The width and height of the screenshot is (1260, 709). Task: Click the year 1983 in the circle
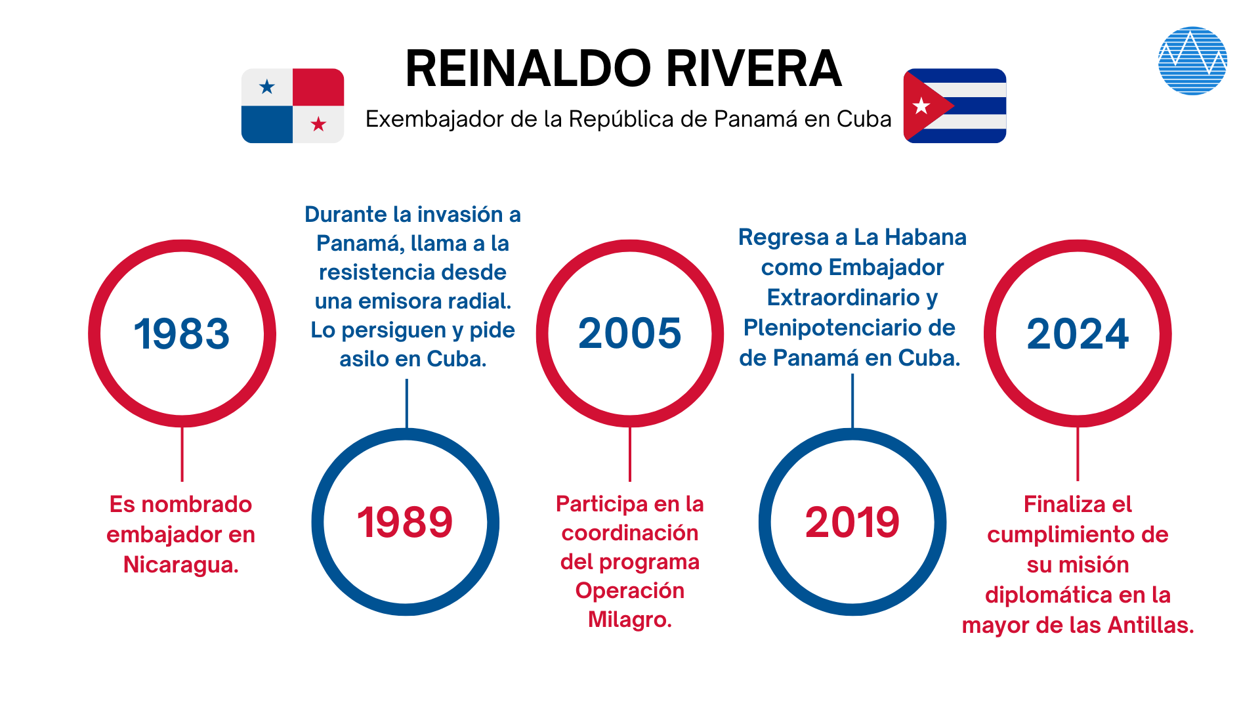[x=182, y=333]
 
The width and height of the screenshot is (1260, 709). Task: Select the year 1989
[x=405, y=523]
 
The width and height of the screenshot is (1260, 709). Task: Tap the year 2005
[x=629, y=333]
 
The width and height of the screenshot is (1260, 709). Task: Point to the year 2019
[x=852, y=523]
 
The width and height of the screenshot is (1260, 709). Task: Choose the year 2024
[x=1078, y=333]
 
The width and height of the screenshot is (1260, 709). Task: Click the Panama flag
[x=293, y=106]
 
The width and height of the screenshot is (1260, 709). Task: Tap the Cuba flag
[x=955, y=106]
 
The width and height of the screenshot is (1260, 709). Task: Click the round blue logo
[x=1192, y=60]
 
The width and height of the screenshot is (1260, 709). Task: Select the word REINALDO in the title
[x=528, y=69]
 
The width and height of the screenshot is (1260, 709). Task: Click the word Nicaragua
[x=180, y=565]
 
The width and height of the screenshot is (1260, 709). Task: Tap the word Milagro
[x=629, y=619]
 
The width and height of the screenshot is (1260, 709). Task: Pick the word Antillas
[x=1150, y=625]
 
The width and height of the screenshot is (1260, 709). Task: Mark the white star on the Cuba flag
[x=921, y=106]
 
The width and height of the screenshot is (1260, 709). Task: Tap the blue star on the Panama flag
[x=267, y=87]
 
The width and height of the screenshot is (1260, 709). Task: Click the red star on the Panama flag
[x=318, y=124]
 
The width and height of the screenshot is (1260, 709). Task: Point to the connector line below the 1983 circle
[x=182, y=454]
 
